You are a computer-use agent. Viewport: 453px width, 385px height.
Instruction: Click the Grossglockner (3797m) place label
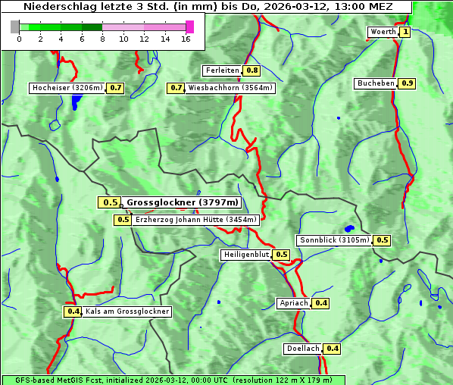[182, 202]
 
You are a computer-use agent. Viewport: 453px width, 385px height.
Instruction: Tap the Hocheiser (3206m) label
[67, 88]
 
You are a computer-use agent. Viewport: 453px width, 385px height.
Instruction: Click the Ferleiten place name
[222, 70]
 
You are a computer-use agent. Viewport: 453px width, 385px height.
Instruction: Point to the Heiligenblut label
[245, 255]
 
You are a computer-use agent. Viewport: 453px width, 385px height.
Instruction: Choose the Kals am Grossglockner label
[127, 311]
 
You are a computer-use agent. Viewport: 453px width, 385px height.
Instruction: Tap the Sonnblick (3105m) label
[334, 240]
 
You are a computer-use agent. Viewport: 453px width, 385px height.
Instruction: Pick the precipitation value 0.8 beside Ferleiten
[252, 70]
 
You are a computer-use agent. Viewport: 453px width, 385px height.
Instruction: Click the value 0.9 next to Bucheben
[408, 83]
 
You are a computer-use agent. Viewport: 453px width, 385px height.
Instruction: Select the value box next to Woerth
[405, 32]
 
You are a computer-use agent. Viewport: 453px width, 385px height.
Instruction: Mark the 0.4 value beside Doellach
[333, 349]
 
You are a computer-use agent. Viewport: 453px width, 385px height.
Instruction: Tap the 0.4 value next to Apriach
[321, 303]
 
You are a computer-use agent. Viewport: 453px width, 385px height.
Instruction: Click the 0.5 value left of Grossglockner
[110, 202]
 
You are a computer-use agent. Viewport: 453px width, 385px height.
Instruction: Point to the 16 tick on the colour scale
[186, 39]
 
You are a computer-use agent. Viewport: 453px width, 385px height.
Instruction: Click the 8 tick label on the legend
[102, 39]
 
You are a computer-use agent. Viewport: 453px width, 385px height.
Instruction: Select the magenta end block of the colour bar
[189, 27]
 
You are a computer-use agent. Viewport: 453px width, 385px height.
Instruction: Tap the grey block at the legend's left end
[15, 27]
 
